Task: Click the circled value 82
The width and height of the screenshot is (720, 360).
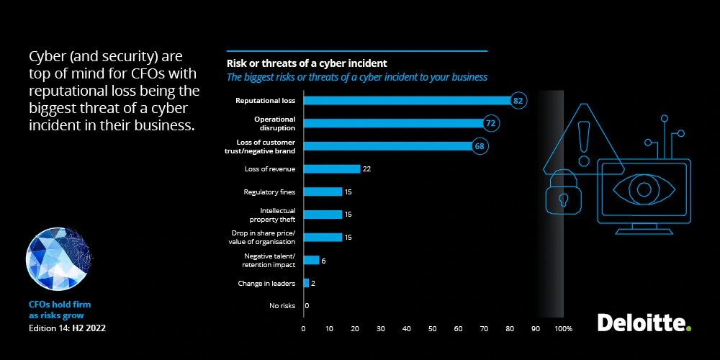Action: [x=518, y=101]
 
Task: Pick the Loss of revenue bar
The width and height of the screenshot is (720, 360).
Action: [x=332, y=169]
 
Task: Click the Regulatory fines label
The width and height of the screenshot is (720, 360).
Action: [x=270, y=192]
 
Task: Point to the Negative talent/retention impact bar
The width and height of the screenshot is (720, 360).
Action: [x=312, y=260]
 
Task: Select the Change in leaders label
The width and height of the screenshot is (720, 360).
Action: [x=266, y=284]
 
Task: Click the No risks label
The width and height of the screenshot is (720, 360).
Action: [x=282, y=306]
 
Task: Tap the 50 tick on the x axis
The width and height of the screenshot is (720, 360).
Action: [x=432, y=329]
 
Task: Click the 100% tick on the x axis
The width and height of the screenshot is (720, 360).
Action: [x=563, y=329]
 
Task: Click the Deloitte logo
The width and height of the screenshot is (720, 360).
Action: [x=644, y=323]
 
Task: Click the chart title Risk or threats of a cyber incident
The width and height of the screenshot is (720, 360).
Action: [x=307, y=63]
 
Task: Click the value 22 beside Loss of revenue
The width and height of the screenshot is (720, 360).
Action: [x=366, y=169]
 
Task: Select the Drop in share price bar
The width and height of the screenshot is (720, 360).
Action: [x=323, y=237]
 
